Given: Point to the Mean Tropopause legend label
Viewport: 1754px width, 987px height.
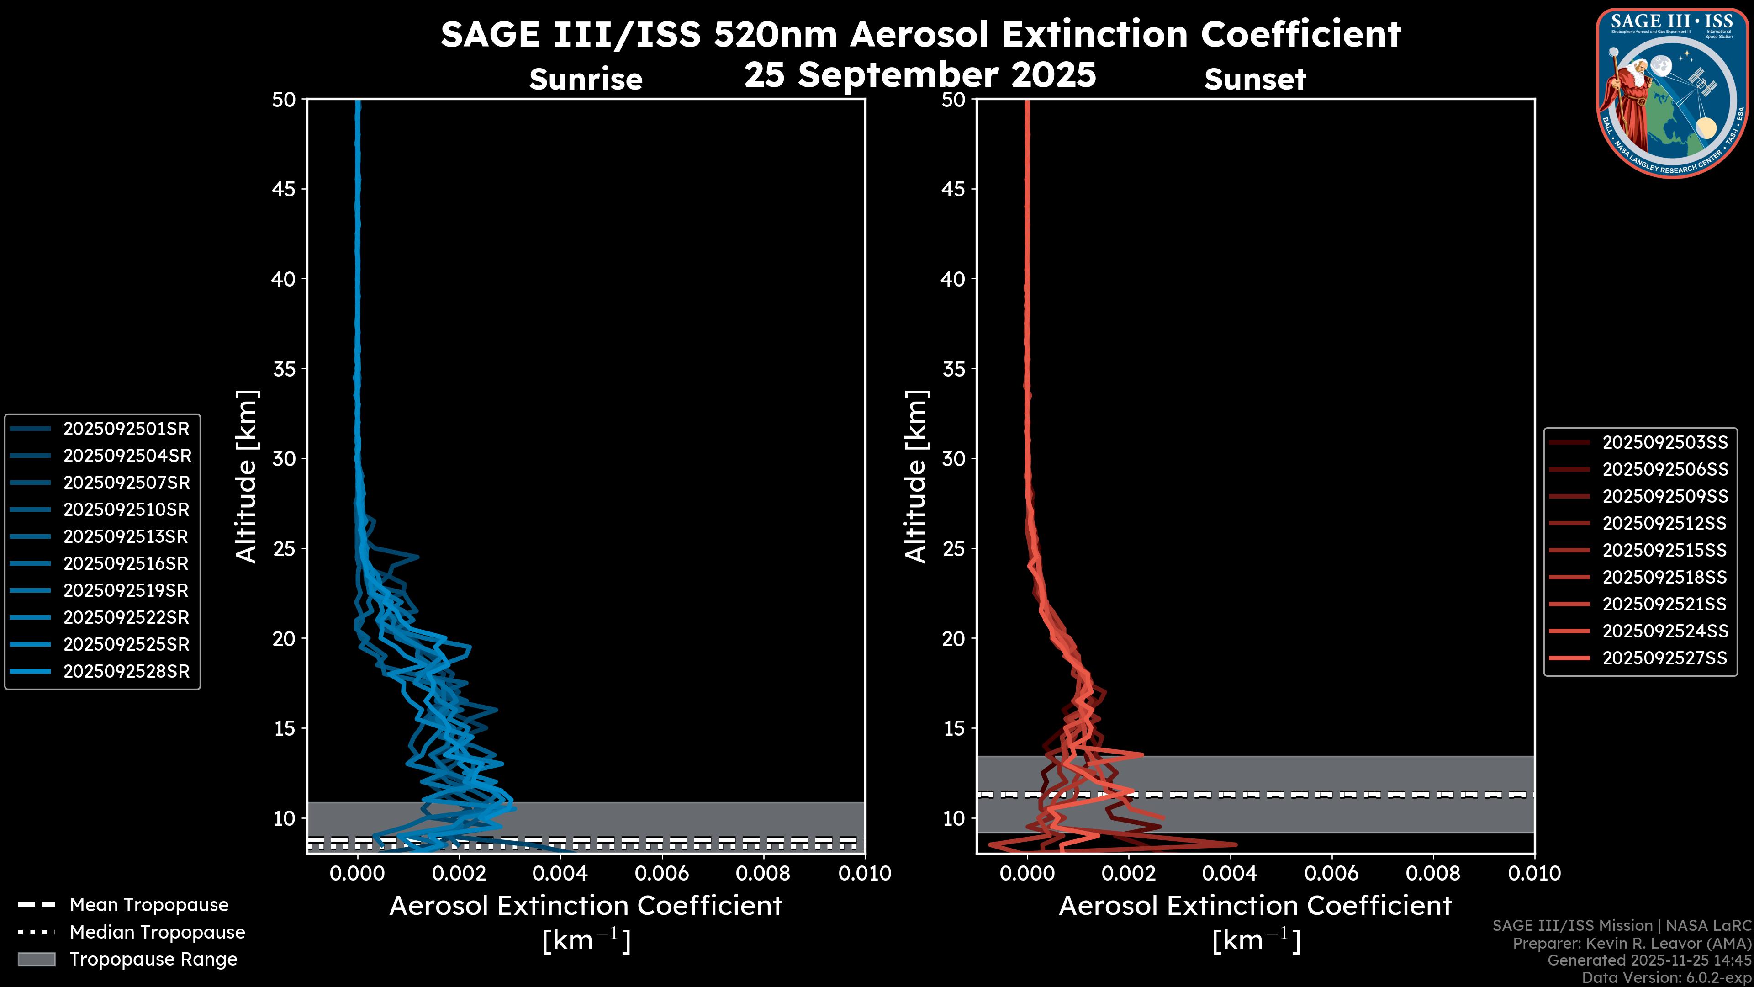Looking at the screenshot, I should (149, 905).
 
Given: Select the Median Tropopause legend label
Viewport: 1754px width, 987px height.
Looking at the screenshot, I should (157, 932).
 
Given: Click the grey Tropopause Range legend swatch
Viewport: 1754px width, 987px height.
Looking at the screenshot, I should (36, 959).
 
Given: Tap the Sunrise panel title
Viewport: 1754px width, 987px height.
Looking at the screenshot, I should (586, 79).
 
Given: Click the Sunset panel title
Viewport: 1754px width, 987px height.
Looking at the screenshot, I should (1255, 79).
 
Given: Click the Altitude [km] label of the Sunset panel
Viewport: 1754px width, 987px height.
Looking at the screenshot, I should (916, 477).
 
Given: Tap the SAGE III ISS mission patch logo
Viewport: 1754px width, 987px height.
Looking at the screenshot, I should (1672, 93).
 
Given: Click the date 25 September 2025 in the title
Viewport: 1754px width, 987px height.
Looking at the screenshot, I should (920, 74).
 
